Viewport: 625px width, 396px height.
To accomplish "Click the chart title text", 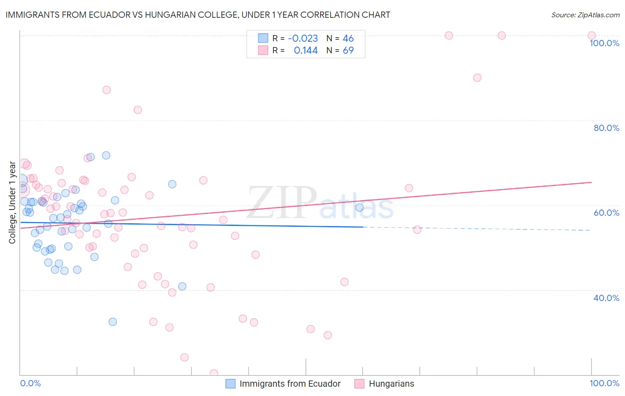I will pos(198,15).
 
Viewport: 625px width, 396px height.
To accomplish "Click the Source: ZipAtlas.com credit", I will pos(585,15).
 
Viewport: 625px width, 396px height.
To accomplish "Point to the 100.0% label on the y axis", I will pos(604,43).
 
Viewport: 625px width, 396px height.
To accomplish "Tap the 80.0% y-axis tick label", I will pos(606,128).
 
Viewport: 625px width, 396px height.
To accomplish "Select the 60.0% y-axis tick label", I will pos(606,213).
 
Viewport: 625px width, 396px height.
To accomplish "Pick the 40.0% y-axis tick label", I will pos(606,298).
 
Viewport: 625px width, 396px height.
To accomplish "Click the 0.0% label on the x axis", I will pos(30,383).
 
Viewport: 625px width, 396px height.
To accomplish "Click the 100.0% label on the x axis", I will pos(604,383).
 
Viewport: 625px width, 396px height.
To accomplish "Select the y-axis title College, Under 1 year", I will pos(12,202).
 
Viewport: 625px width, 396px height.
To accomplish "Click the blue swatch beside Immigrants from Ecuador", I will pos(230,384).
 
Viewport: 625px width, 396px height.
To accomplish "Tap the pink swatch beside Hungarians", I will pos(359,384).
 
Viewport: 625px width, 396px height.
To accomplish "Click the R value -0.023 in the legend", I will pos(303,39).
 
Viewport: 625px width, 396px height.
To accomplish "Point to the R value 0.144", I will pos(306,51).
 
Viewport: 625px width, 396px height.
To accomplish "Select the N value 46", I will pos(348,39).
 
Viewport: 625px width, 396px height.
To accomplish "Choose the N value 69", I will pos(348,51).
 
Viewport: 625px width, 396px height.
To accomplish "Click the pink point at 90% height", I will pos(477,78).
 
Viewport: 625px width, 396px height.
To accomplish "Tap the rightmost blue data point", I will pos(360,207).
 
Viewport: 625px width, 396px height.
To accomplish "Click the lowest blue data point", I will pos(113,322).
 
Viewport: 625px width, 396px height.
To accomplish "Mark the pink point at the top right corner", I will pos(592,36).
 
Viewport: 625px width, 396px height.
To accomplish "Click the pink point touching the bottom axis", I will pos(214,373).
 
